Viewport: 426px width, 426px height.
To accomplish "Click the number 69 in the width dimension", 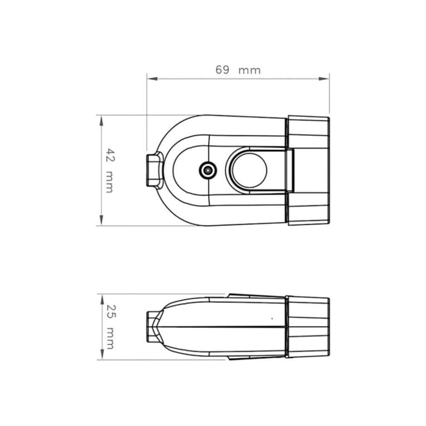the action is [x=222, y=70].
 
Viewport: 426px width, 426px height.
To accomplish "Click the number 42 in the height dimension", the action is [x=110, y=155].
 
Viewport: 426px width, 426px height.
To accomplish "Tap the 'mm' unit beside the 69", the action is [x=249, y=71].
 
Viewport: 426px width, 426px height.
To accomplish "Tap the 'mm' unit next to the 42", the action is [x=109, y=182].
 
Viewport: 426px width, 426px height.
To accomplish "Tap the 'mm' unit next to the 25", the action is [x=110, y=338].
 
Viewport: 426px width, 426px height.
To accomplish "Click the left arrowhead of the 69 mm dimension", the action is [x=152, y=79].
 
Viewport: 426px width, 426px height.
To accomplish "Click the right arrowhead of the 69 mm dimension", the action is [x=324, y=79].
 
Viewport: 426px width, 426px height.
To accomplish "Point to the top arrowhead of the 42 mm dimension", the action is [x=101, y=121].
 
